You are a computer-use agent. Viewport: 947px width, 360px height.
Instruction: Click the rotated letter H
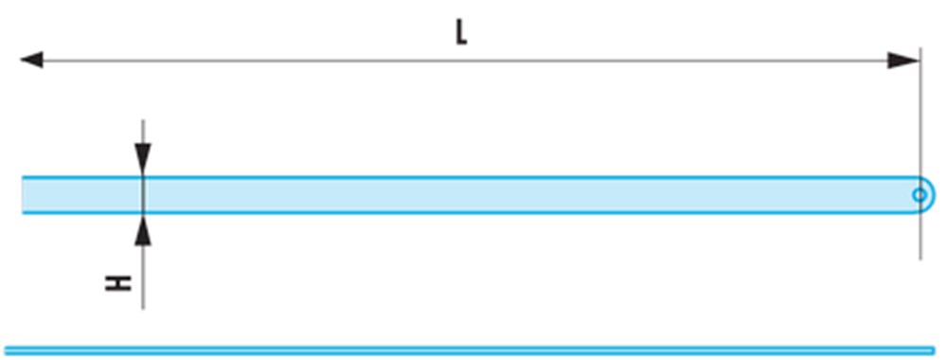118,283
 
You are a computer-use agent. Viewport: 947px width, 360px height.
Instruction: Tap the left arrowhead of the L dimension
31,60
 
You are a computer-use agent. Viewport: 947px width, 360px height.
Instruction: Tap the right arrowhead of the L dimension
902,61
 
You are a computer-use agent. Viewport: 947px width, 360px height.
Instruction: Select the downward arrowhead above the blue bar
143,159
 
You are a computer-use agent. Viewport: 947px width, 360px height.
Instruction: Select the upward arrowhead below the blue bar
143,230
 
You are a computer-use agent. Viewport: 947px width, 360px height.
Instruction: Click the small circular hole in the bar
920,195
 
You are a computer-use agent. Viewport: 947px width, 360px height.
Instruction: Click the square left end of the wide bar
23,195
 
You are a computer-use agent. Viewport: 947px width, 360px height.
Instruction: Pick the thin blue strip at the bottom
470,351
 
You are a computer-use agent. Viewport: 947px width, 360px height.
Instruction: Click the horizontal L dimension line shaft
465,61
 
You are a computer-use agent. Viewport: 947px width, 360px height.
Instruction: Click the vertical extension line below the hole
920,236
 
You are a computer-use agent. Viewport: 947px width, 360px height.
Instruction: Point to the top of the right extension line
920,47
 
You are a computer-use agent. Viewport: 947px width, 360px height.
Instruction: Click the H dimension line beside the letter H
143,278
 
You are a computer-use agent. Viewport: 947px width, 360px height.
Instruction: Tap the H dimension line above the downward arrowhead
143,132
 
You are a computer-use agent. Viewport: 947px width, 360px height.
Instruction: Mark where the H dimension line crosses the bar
143,195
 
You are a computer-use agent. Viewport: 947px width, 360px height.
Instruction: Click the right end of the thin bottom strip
933,351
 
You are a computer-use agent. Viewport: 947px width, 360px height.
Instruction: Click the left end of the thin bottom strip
6,351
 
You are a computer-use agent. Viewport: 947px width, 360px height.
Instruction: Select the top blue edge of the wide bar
471,177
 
